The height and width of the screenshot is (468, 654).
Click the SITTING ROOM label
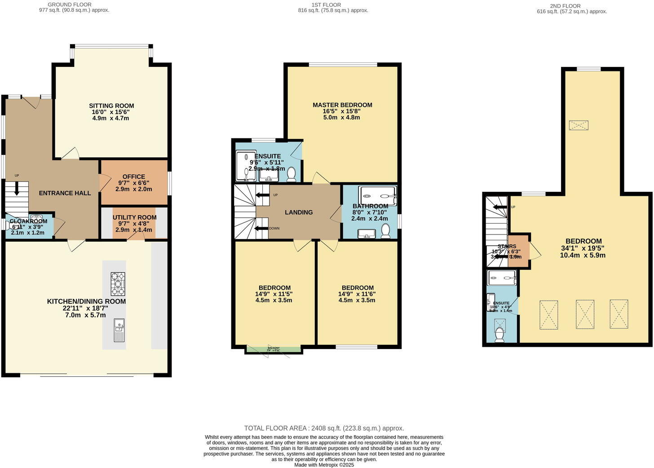(x=111, y=106)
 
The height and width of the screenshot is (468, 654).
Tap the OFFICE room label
(x=133, y=177)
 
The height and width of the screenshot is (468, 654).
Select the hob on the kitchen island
(x=118, y=283)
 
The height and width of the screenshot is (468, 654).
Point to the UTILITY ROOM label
(x=134, y=217)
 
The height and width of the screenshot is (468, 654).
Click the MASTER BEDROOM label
(x=342, y=105)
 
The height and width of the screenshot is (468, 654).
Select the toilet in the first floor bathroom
(x=385, y=231)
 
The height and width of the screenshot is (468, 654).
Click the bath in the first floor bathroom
(x=378, y=195)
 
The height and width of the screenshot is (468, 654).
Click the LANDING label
(x=299, y=212)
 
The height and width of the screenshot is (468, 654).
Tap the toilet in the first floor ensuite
(x=291, y=174)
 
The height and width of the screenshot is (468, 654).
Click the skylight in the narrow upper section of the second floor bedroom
(x=579, y=125)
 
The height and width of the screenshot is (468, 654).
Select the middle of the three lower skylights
(x=585, y=314)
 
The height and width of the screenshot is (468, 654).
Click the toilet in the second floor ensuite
(x=499, y=335)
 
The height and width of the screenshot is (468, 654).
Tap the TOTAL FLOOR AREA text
(x=324, y=428)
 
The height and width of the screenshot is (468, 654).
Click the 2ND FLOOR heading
(x=565, y=6)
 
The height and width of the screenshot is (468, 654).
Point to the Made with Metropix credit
(x=324, y=465)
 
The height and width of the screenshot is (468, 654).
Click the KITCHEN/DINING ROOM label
(x=86, y=301)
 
